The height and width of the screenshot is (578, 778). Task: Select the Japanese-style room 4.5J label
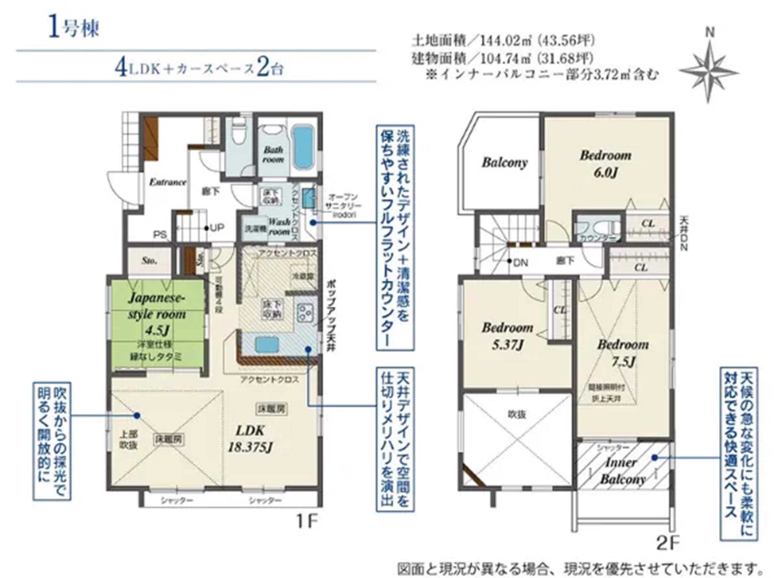click(156, 314)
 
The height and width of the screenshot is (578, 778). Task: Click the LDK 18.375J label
click(250, 439)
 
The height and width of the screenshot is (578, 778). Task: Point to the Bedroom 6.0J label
click(605, 164)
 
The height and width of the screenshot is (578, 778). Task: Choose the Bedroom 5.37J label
click(507, 336)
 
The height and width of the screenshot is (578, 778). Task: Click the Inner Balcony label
click(622, 470)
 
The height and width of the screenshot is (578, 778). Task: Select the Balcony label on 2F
click(504, 162)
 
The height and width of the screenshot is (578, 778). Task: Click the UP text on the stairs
click(217, 228)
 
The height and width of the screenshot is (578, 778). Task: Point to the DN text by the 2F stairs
click(520, 263)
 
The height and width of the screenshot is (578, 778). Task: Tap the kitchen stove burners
click(305, 314)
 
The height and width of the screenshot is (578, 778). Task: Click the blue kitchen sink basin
click(267, 344)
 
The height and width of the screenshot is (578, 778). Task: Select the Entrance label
click(168, 182)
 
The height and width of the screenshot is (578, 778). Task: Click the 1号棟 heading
click(74, 29)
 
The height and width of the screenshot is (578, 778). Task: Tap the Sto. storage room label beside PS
click(149, 261)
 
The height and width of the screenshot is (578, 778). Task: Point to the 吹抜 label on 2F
click(516, 414)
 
